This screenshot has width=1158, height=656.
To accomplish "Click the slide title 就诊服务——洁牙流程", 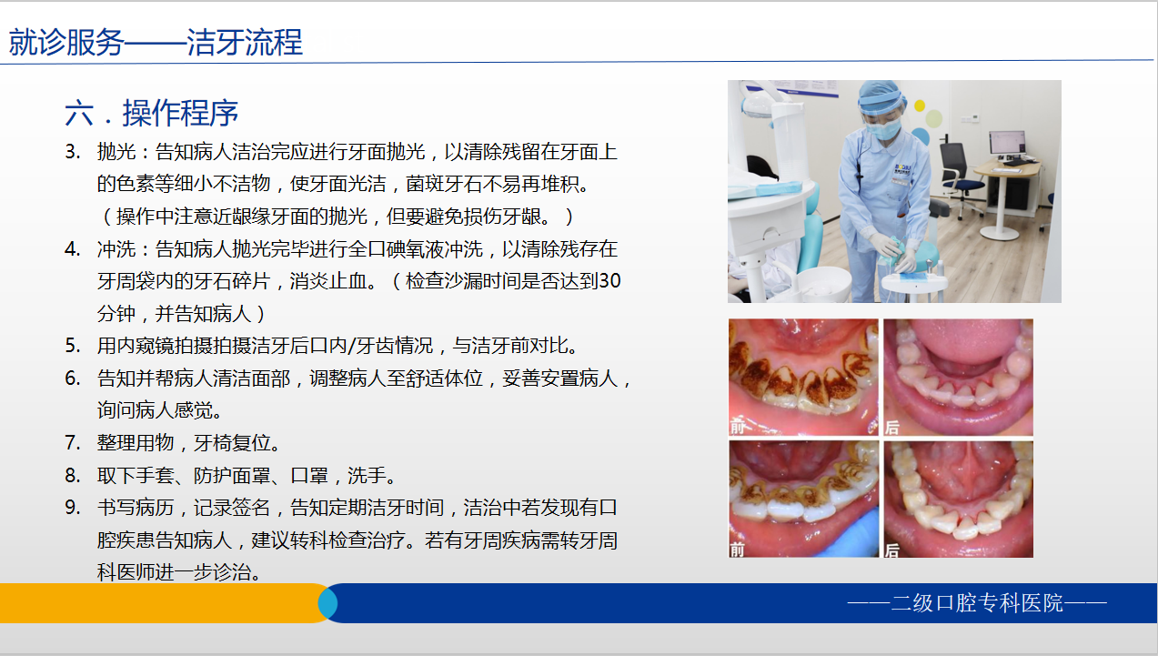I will (156, 43).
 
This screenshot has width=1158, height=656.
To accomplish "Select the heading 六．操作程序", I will (152, 113).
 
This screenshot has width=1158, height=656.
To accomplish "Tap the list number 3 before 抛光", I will (72, 151).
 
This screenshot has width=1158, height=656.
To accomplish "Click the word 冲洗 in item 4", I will (116, 248).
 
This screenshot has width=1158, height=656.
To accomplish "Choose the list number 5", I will (72, 346).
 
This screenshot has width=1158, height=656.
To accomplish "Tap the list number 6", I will (72, 378).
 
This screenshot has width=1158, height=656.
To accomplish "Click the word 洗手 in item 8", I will (376, 475).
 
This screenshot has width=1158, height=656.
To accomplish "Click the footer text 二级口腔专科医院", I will (977, 603).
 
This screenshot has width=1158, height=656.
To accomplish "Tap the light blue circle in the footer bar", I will (327, 603).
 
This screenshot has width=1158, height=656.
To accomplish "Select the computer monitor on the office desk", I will (1007, 144).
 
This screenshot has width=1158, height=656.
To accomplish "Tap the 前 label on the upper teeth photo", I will (738, 426).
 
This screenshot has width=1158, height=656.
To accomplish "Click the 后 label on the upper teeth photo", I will (892, 426).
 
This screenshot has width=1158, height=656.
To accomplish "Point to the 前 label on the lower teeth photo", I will (738, 549).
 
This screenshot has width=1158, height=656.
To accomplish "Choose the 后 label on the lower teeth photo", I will (892, 549).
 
